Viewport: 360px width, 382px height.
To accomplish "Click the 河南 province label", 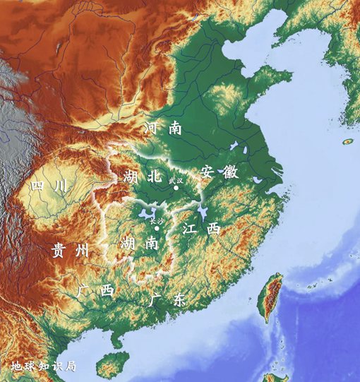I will point(164,129).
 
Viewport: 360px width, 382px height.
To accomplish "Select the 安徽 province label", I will point(218,172).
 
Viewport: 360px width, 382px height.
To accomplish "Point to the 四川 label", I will point(49,186).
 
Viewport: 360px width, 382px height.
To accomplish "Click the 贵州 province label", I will point(70,250).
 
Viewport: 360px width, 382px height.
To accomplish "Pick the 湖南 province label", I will point(138,244).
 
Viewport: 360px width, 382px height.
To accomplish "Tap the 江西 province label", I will point(200,229).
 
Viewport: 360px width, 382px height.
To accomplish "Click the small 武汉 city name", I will point(175,181).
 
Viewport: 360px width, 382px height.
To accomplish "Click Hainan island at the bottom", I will point(109,366).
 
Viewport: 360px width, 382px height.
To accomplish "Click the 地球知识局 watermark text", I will point(43,366).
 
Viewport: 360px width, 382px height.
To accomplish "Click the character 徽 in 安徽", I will point(229,172).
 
